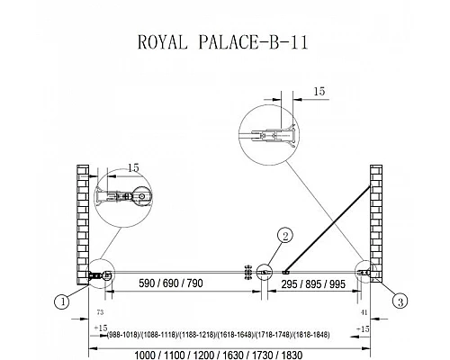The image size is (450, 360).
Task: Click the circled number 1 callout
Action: tap(61, 302)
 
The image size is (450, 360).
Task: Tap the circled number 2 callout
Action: tap(283, 237)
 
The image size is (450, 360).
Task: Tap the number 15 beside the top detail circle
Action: tap(320, 91)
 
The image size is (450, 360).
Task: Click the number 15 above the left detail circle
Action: tap(133, 167)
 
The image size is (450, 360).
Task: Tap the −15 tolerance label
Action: tap(361, 329)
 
